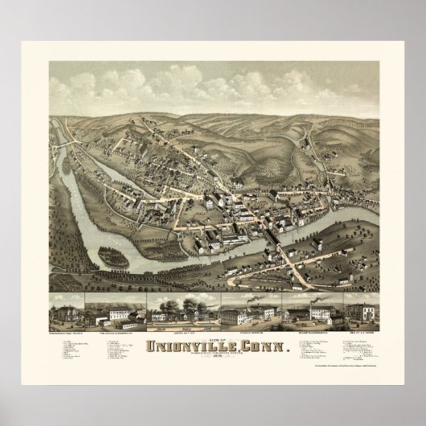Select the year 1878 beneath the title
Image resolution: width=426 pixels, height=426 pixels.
click(213, 339)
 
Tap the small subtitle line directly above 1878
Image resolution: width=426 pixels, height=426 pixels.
click(213, 335)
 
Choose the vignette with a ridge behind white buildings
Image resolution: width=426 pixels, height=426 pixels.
click(122, 306)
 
